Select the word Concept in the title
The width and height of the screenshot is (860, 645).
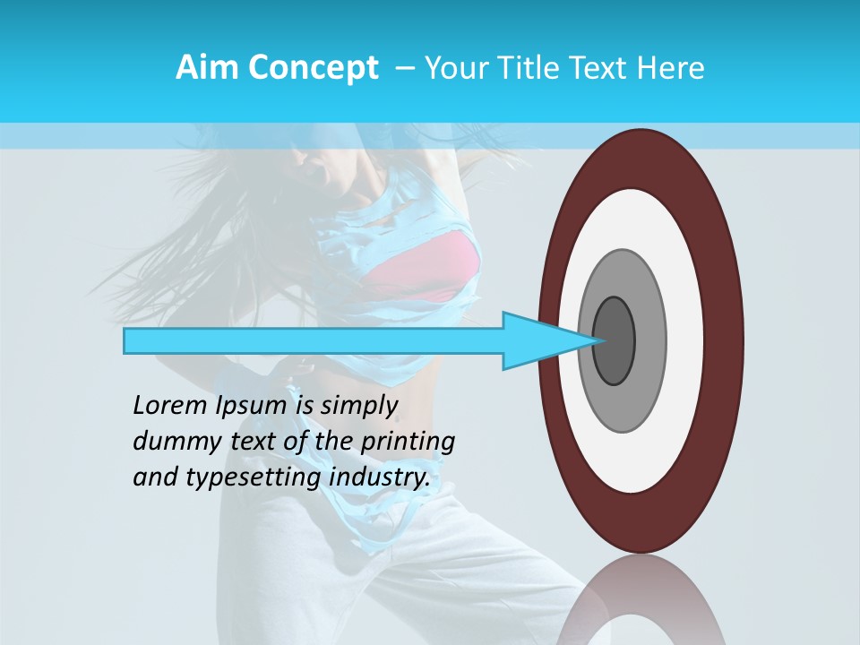click(x=312, y=68)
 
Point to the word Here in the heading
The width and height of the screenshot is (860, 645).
click(x=670, y=68)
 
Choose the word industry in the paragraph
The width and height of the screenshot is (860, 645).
click(x=379, y=477)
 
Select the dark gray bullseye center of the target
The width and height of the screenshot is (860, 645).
click(x=614, y=341)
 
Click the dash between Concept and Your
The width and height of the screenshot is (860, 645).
click(x=404, y=68)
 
